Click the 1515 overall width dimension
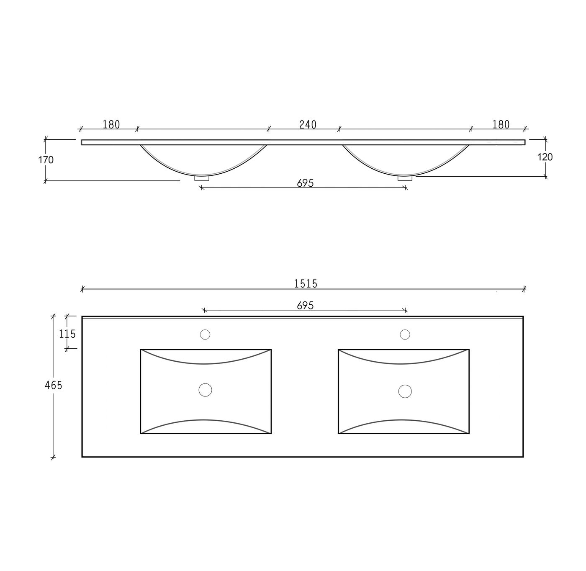coord(305,284)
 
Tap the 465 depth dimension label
coord(53,385)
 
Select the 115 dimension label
coord(67,334)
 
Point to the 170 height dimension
coord(46,160)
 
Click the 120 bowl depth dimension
coord(545,157)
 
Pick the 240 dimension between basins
coord(308,124)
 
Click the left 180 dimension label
coord(111,124)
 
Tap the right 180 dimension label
coord(501,124)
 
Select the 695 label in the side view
coord(305,183)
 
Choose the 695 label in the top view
coord(305,305)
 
